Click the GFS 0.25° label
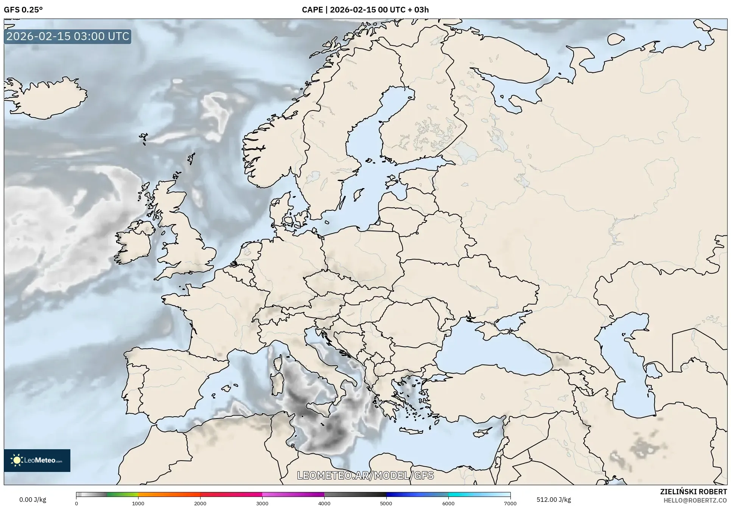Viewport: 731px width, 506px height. pos(23,10)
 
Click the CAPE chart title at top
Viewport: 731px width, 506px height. pos(365,10)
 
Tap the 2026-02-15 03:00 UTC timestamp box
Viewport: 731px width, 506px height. pos(68,36)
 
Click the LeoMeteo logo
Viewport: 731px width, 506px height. pos(37,460)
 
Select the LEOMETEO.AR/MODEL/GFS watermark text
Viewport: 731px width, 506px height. pos(365,475)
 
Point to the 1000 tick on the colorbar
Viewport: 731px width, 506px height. pos(138,503)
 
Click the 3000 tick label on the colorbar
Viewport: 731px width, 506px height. pos(262,503)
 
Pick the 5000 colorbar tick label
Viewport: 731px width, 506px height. pos(386,503)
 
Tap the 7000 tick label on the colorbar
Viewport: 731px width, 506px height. pos(510,503)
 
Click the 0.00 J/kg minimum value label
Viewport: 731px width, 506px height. pos(33,500)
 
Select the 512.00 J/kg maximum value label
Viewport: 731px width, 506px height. pos(554,500)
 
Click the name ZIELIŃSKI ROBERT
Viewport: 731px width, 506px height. pos(693,492)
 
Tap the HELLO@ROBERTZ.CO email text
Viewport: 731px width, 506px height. pos(695,500)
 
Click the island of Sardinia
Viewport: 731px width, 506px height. pos(277,383)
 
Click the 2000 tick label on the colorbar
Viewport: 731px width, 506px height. pos(200,503)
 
